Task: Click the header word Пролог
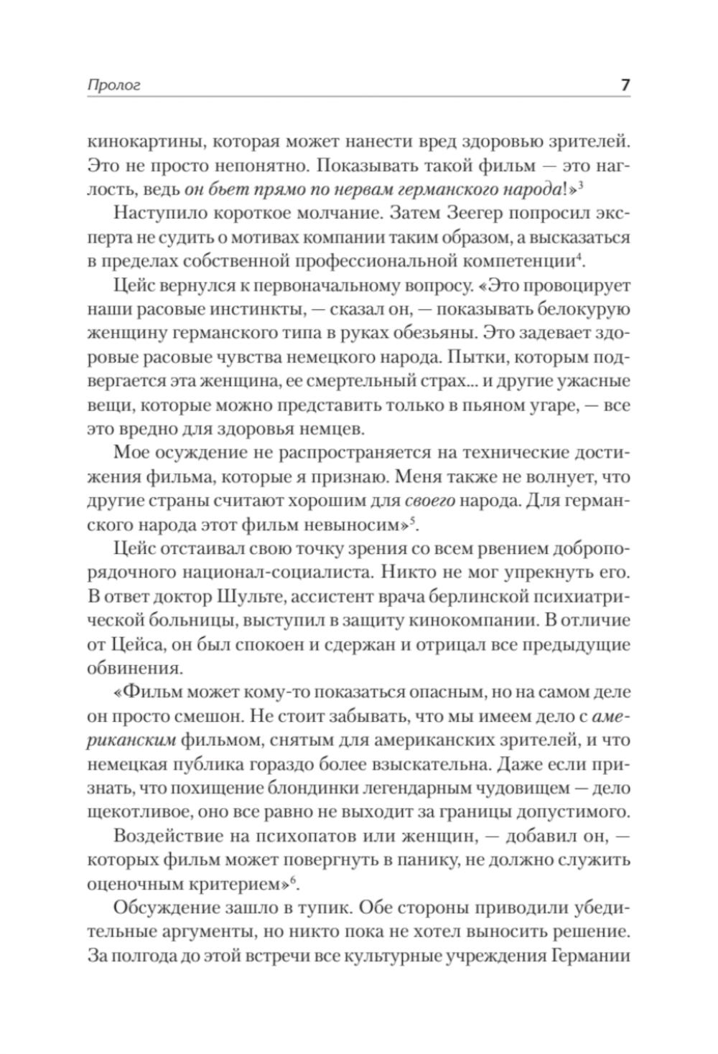(x=113, y=85)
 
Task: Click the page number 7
(x=625, y=84)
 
